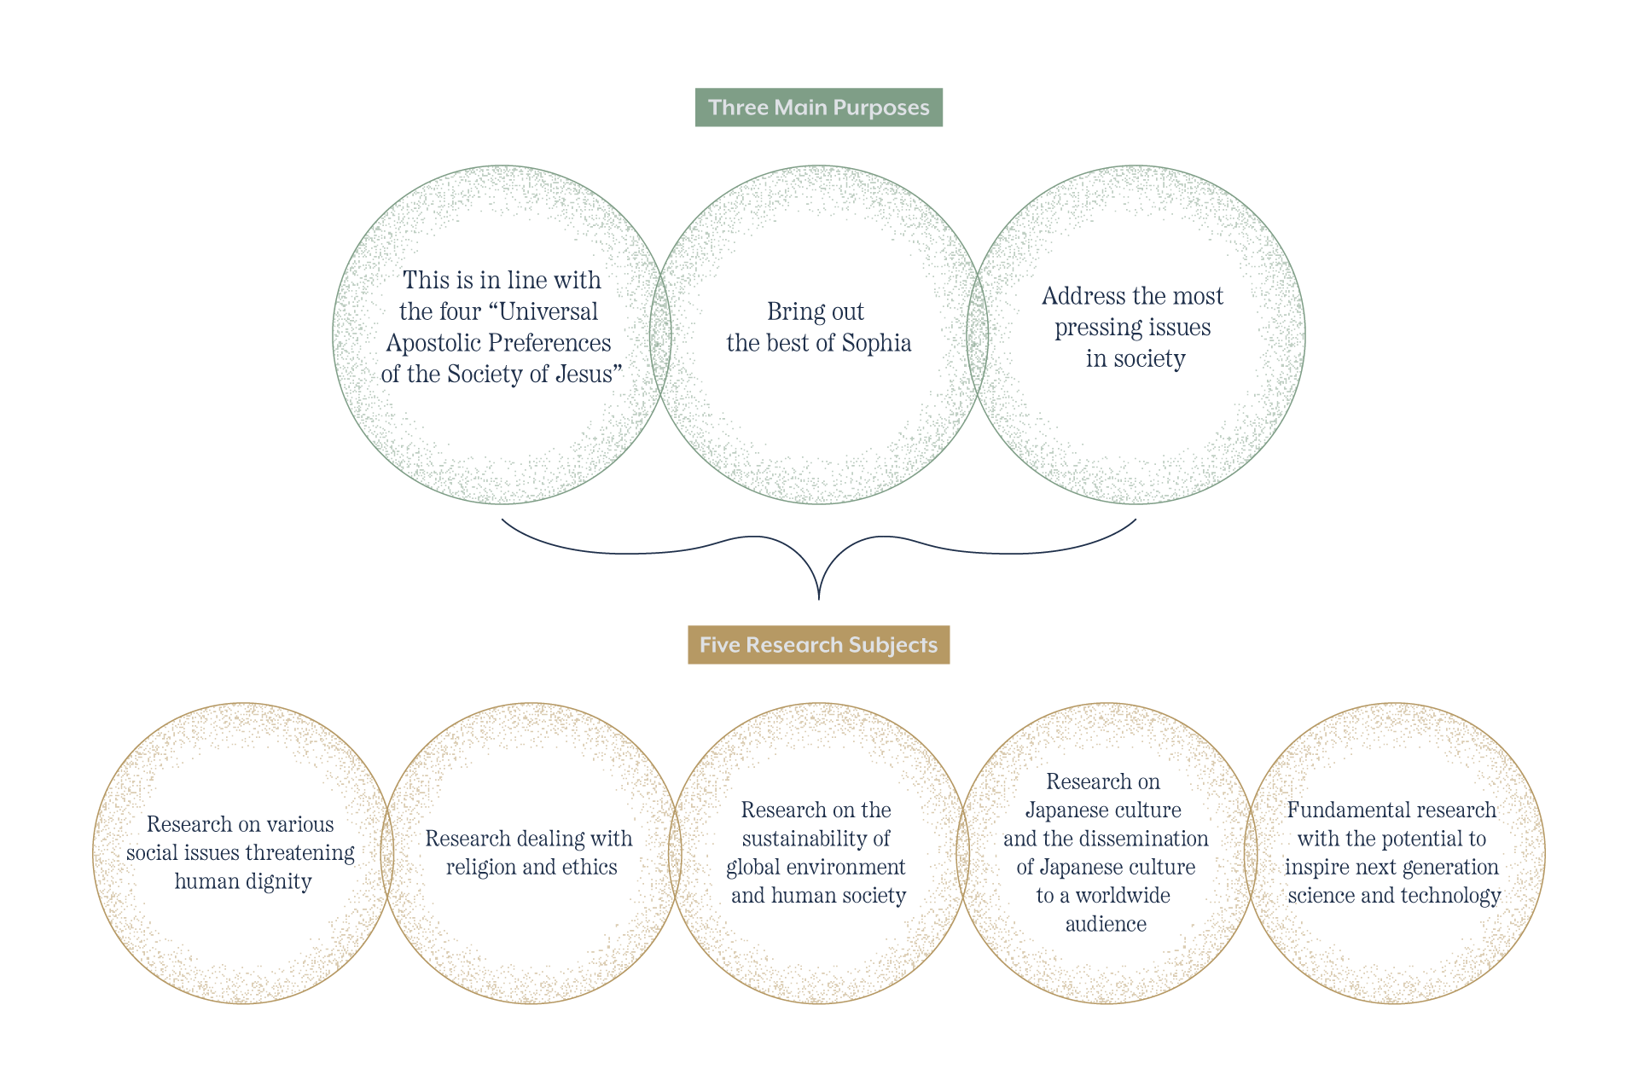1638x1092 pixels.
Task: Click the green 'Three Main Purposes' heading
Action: click(819, 107)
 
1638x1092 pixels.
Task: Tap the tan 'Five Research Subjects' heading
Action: click(819, 645)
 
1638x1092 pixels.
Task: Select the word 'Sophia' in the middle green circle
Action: click(876, 343)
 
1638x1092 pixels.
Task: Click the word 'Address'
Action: click(1083, 296)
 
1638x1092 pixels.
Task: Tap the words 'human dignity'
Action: click(243, 881)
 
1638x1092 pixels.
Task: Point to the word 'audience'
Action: click(1106, 924)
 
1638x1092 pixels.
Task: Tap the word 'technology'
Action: click(1450, 896)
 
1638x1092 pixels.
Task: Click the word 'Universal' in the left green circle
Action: click(548, 311)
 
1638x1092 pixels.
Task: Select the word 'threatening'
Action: click(299, 853)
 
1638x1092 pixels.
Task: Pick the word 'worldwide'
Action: click(1123, 896)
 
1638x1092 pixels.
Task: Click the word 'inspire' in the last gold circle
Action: click(1317, 868)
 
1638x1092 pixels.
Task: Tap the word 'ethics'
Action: click(590, 868)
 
